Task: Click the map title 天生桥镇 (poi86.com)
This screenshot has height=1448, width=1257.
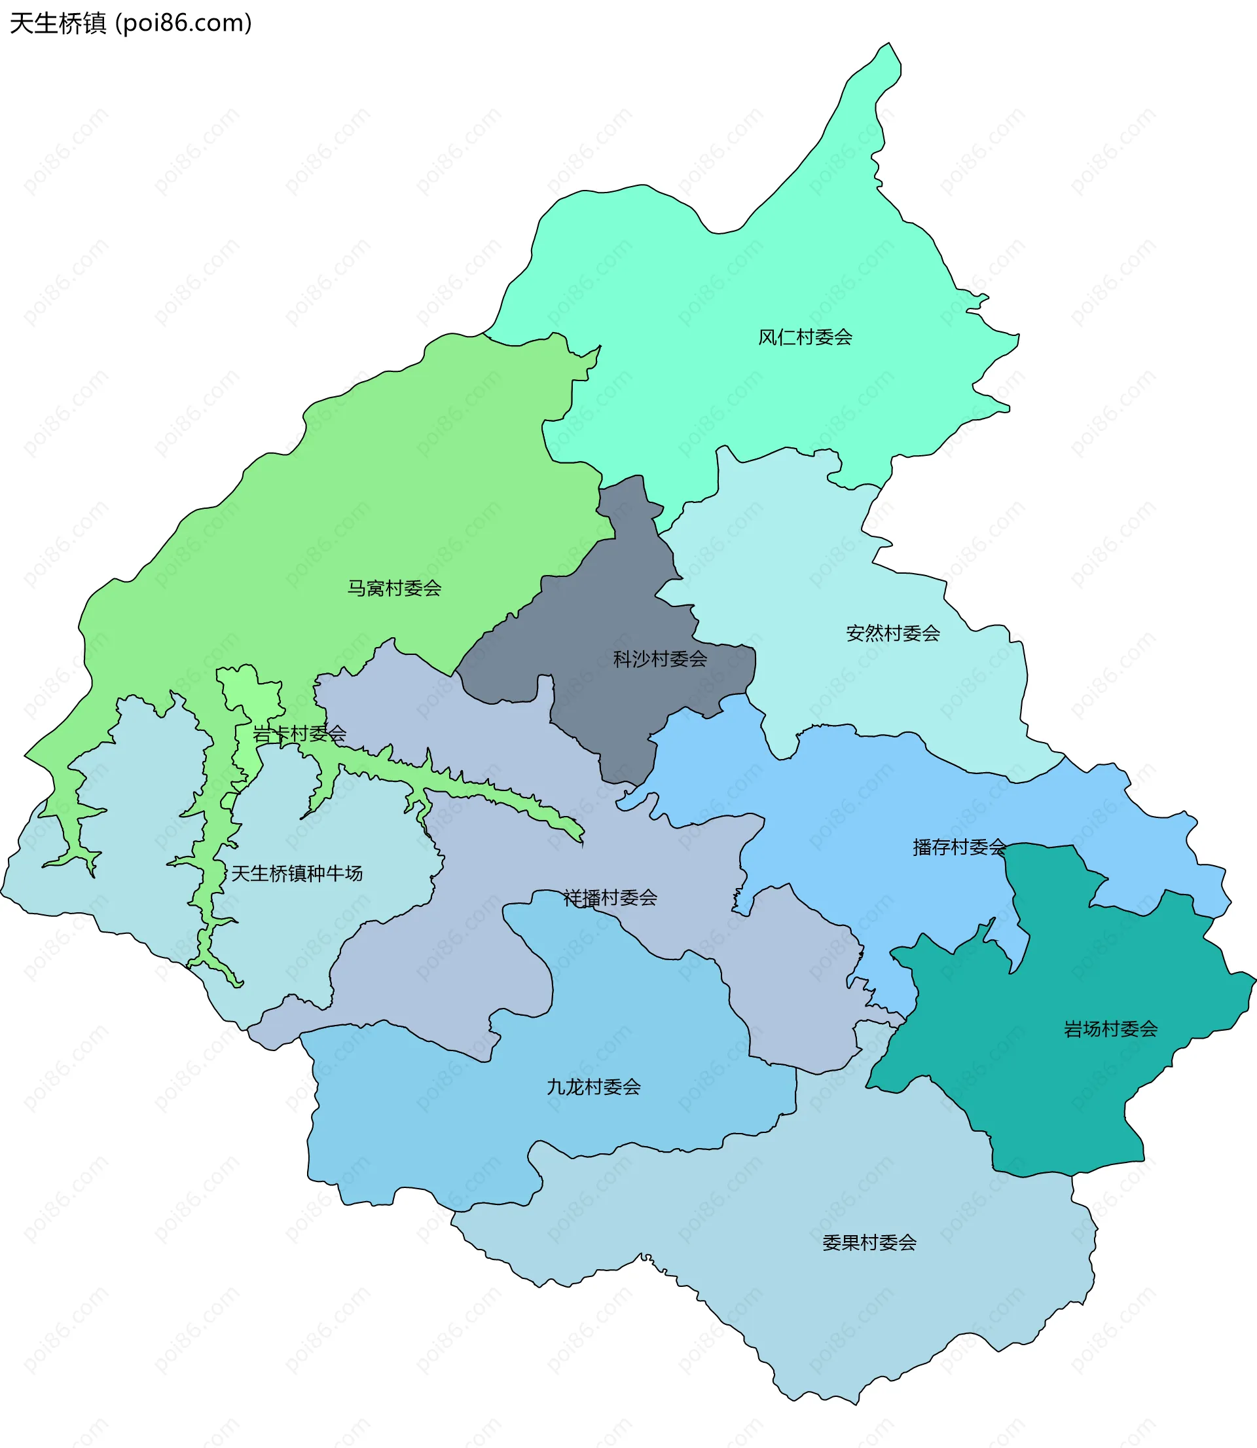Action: (130, 24)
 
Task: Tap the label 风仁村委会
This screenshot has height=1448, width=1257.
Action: (805, 337)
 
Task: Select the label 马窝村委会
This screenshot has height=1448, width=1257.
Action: (394, 588)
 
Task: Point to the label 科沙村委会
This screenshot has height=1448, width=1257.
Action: (660, 659)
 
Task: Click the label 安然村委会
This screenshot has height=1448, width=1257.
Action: (893, 633)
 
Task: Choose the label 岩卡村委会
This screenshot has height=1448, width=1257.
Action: (300, 733)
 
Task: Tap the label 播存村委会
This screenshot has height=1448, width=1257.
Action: (959, 847)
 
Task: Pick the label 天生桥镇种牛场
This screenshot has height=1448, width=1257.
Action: (297, 874)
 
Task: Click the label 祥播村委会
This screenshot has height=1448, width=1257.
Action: (610, 898)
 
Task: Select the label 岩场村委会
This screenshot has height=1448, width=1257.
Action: (1110, 1029)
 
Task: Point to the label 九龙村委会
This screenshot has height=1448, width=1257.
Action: (593, 1086)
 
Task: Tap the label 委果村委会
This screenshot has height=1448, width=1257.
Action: (869, 1242)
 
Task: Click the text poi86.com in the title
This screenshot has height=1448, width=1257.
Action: (184, 24)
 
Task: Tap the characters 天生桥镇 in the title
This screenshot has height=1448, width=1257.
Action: (58, 24)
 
